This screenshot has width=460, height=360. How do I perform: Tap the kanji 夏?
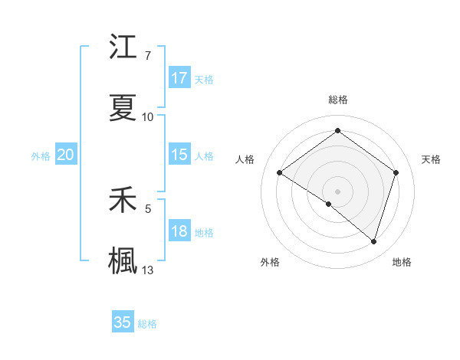123,108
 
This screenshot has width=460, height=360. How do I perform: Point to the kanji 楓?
123,260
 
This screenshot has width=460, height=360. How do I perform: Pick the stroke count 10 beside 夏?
148,117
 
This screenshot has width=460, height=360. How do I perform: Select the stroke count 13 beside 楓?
148,270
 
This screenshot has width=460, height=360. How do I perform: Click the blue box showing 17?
179,78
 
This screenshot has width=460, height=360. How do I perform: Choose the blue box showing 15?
179,155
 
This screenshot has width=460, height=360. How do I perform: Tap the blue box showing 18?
179,231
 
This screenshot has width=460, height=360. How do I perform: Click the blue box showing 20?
66,155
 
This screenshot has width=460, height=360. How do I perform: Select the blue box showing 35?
123,322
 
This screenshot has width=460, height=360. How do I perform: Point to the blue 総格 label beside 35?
148,324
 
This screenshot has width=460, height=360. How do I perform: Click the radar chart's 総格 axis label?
337,100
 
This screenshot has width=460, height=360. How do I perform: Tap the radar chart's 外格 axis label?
270,263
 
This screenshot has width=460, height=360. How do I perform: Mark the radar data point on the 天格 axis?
396,172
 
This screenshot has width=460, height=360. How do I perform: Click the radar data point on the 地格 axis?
373,241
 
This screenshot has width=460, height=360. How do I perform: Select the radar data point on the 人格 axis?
279,172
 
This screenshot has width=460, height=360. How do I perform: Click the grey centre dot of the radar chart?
337,191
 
